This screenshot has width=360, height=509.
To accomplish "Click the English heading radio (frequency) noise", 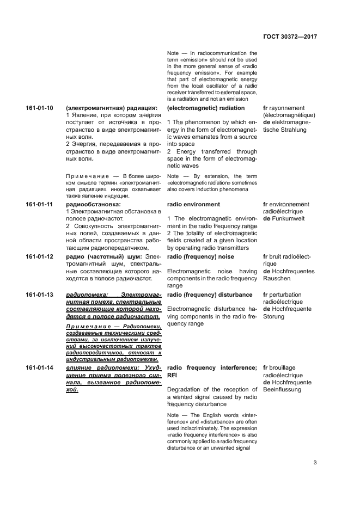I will (200, 256).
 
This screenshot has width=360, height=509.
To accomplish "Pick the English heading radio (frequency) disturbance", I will (210, 295).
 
